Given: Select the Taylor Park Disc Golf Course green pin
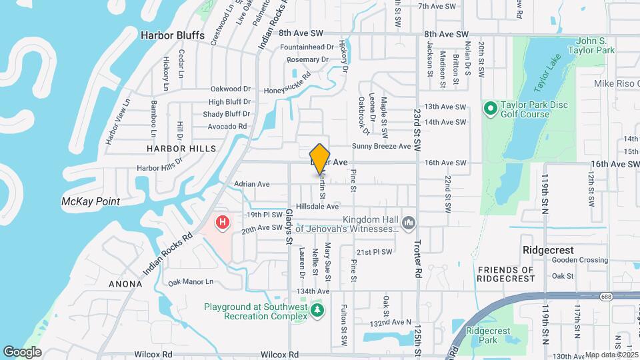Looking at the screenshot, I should [x=490, y=107].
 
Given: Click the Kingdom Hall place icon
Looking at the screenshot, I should [x=409, y=221].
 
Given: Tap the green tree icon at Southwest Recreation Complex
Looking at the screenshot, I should [x=318, y=310].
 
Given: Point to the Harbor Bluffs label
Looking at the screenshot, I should [x=172, y=35].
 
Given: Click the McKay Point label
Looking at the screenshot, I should [x=90, y=201].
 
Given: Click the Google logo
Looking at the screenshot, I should [x=22, y=351].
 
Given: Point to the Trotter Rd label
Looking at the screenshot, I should [x=418, y=249].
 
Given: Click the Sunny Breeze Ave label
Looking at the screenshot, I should [x=381, y=147].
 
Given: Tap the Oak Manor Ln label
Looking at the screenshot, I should [x=191, y=282].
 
